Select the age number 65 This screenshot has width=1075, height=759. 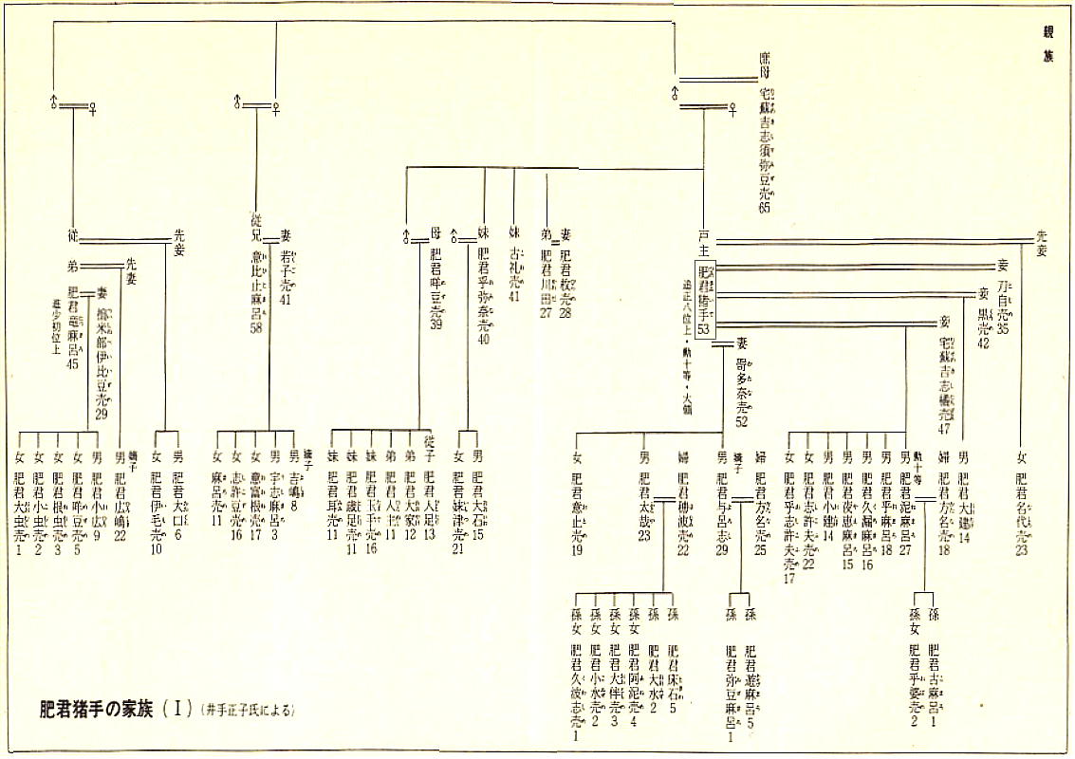(764, 209)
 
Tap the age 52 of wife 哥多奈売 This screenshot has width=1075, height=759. (741, 421)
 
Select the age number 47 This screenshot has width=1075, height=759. (945, 429)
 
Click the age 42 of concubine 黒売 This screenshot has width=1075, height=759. (983, 342)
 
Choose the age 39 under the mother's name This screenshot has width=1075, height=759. (436, 324)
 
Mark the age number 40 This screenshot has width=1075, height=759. (484, 340)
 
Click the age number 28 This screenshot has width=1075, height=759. (566, 313)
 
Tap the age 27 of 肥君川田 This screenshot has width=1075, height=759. (546, 313)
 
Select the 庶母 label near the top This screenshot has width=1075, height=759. (765, 65)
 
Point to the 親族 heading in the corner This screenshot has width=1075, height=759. (1048, 44)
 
